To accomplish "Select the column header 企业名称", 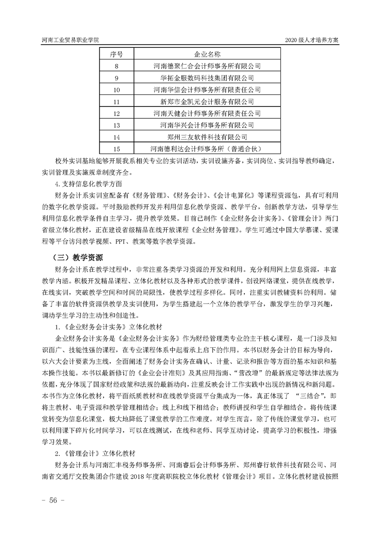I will tap(207, 54).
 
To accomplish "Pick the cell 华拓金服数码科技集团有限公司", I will tap(207, 78).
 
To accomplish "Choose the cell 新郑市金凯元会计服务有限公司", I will tap(207, 102).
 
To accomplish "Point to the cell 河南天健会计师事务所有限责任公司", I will tap(207, 114).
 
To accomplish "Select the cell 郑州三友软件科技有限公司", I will tap(207, 137).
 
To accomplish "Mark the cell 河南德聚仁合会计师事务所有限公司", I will tap(207, 66).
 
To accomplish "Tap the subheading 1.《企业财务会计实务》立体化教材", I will tap(103, 327).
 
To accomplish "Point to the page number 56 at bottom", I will tap(50, 501).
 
